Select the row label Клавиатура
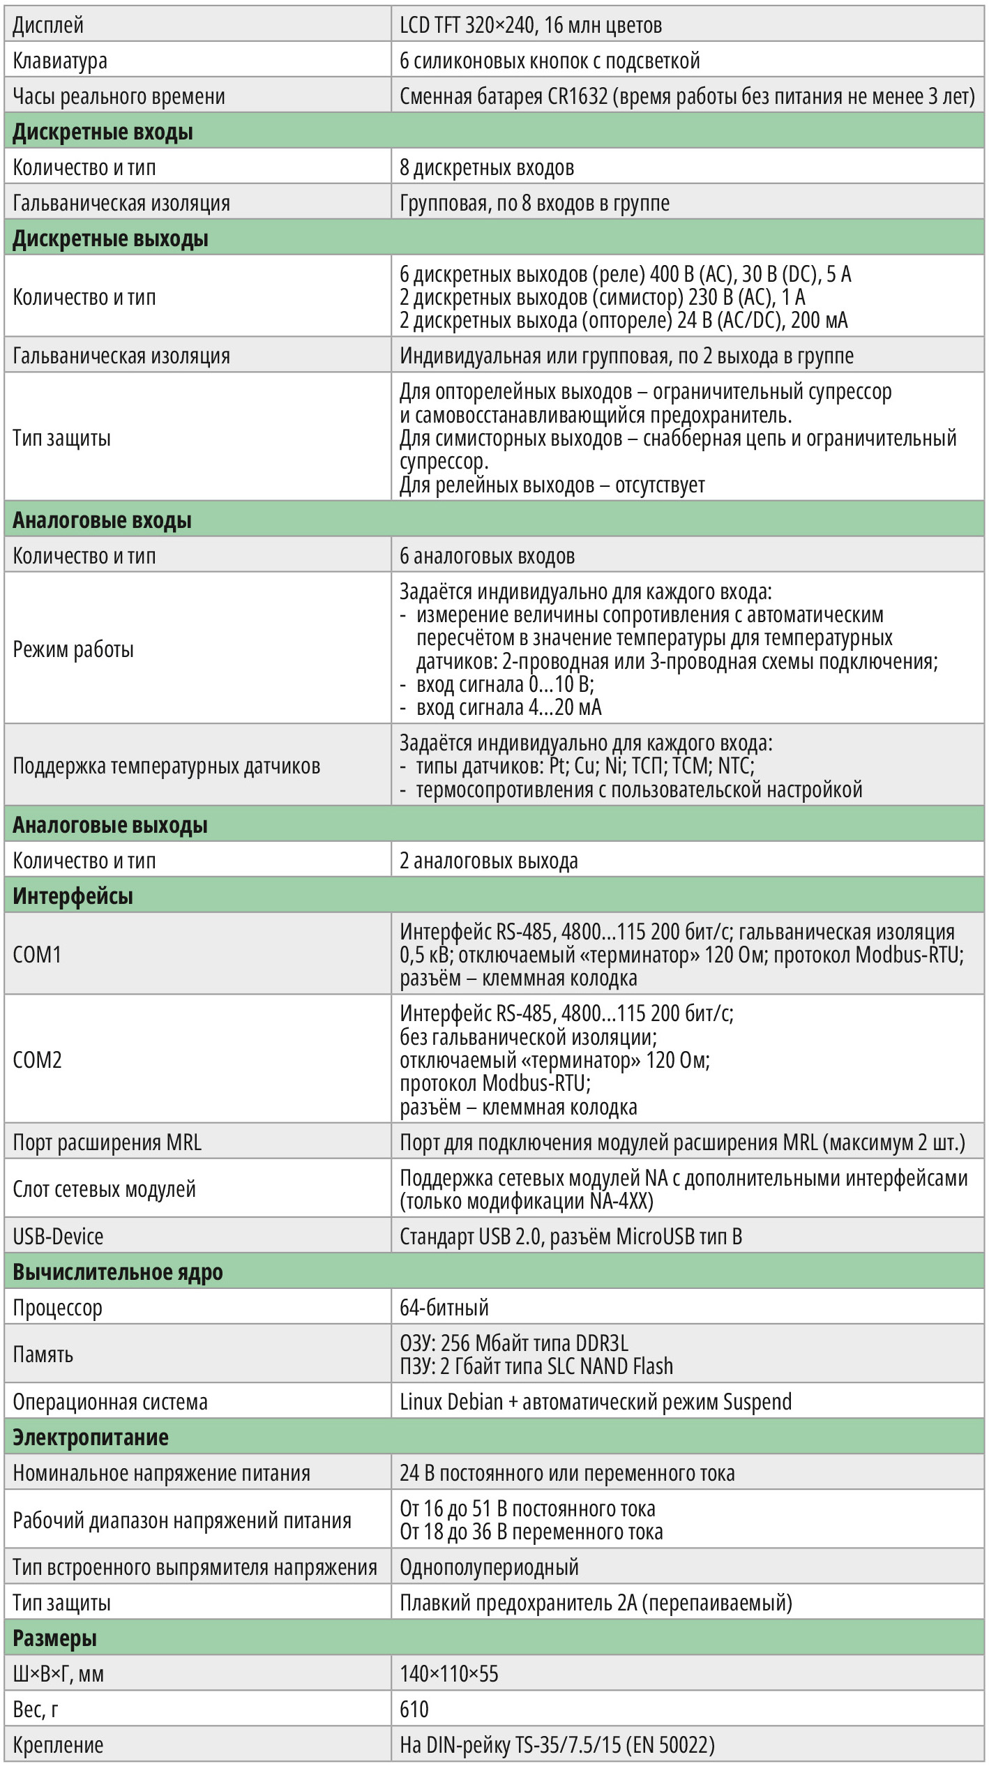60,61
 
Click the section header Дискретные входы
103,132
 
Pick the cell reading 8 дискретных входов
487,167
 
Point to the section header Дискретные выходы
110,239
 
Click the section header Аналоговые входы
102,520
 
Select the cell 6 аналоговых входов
487,556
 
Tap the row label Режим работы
73,649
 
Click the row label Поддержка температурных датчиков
166,766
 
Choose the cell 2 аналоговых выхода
488,861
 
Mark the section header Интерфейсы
73,896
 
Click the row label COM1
37,954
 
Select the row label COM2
37,1060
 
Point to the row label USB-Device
58,1237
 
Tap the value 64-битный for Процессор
444,1308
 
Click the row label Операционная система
110,1402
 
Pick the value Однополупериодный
489,1567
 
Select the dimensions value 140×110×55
449,1674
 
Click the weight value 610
414,1710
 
